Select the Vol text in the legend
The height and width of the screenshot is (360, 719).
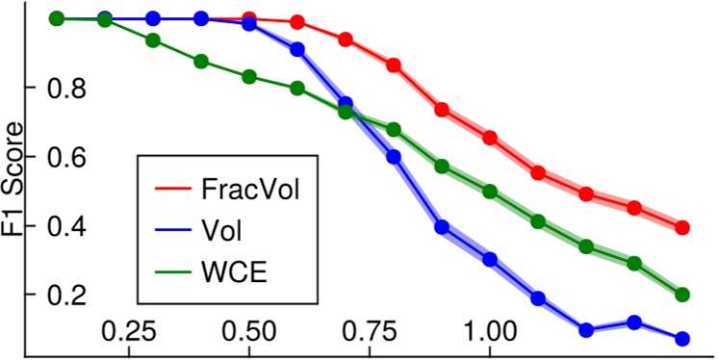pyautogui.click(x=223, y=230)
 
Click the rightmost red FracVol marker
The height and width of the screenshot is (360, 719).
pyautogui.click(x=682, y=227)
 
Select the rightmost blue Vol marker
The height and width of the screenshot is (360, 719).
pyautogui.click(x=682, y=339)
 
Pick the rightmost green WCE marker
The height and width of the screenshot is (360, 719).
pyautogui.click(x=682, y=294)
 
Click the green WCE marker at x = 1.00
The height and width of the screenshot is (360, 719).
pyautogui.click(x=490, y=192)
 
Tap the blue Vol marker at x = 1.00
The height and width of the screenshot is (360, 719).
pyautogui.click(x=490, y=259)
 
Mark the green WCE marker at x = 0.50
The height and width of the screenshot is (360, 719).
pyautogui.click(x=249, y=76)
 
